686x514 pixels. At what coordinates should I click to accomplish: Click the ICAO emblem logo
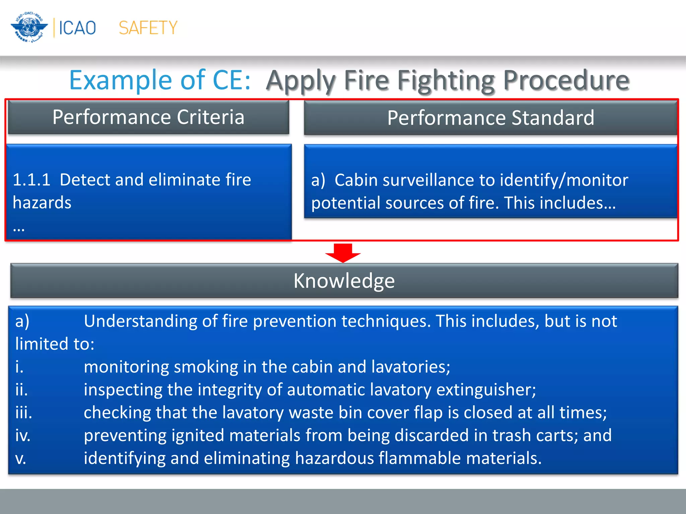click(29, 27)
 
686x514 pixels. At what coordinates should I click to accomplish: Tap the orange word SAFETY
click(148, 28)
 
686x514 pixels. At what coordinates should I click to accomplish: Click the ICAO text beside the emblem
click(77, 28)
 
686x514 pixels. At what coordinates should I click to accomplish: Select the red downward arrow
click(343, 253)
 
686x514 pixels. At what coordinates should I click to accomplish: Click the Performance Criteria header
click(148, 117)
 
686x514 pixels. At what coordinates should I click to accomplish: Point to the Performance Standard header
click(490, 118)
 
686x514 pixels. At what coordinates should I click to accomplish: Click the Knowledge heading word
click(344, 280)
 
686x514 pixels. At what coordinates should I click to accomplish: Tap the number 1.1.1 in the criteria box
click(31, 180)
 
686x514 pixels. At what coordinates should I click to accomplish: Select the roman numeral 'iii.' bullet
click(24, 413)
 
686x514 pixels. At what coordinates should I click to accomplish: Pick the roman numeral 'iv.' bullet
click(23, 435)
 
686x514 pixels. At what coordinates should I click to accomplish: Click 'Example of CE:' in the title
click(160, 80)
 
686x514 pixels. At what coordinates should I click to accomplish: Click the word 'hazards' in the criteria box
click(42, 203)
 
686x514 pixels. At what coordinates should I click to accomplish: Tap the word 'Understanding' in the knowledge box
click(140, 321)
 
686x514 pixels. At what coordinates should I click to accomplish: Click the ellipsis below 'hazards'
click(19, 229)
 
